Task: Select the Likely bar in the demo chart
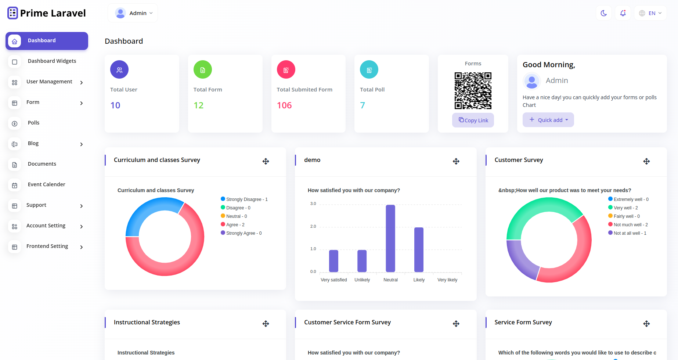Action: tap(419, 249)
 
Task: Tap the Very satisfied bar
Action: tap(333, 261)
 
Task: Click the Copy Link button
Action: tap(473, 120)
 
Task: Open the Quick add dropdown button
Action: tap(548, 120)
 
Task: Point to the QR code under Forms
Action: tap(473, 91)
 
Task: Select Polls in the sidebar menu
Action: tap(33, 123)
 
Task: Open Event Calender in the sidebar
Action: tap(46, 184)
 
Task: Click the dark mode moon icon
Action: tap(604, 13)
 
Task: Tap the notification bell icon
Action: tap(623, 13)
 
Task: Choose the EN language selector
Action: tap(650, 13)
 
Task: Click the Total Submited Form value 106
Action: tap(284, 105)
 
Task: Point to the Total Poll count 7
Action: tap(363, 105)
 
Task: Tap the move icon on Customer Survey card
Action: tap(646, 161)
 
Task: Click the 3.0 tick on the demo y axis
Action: tap(313, 204)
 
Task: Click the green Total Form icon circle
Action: tap(203, 69)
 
